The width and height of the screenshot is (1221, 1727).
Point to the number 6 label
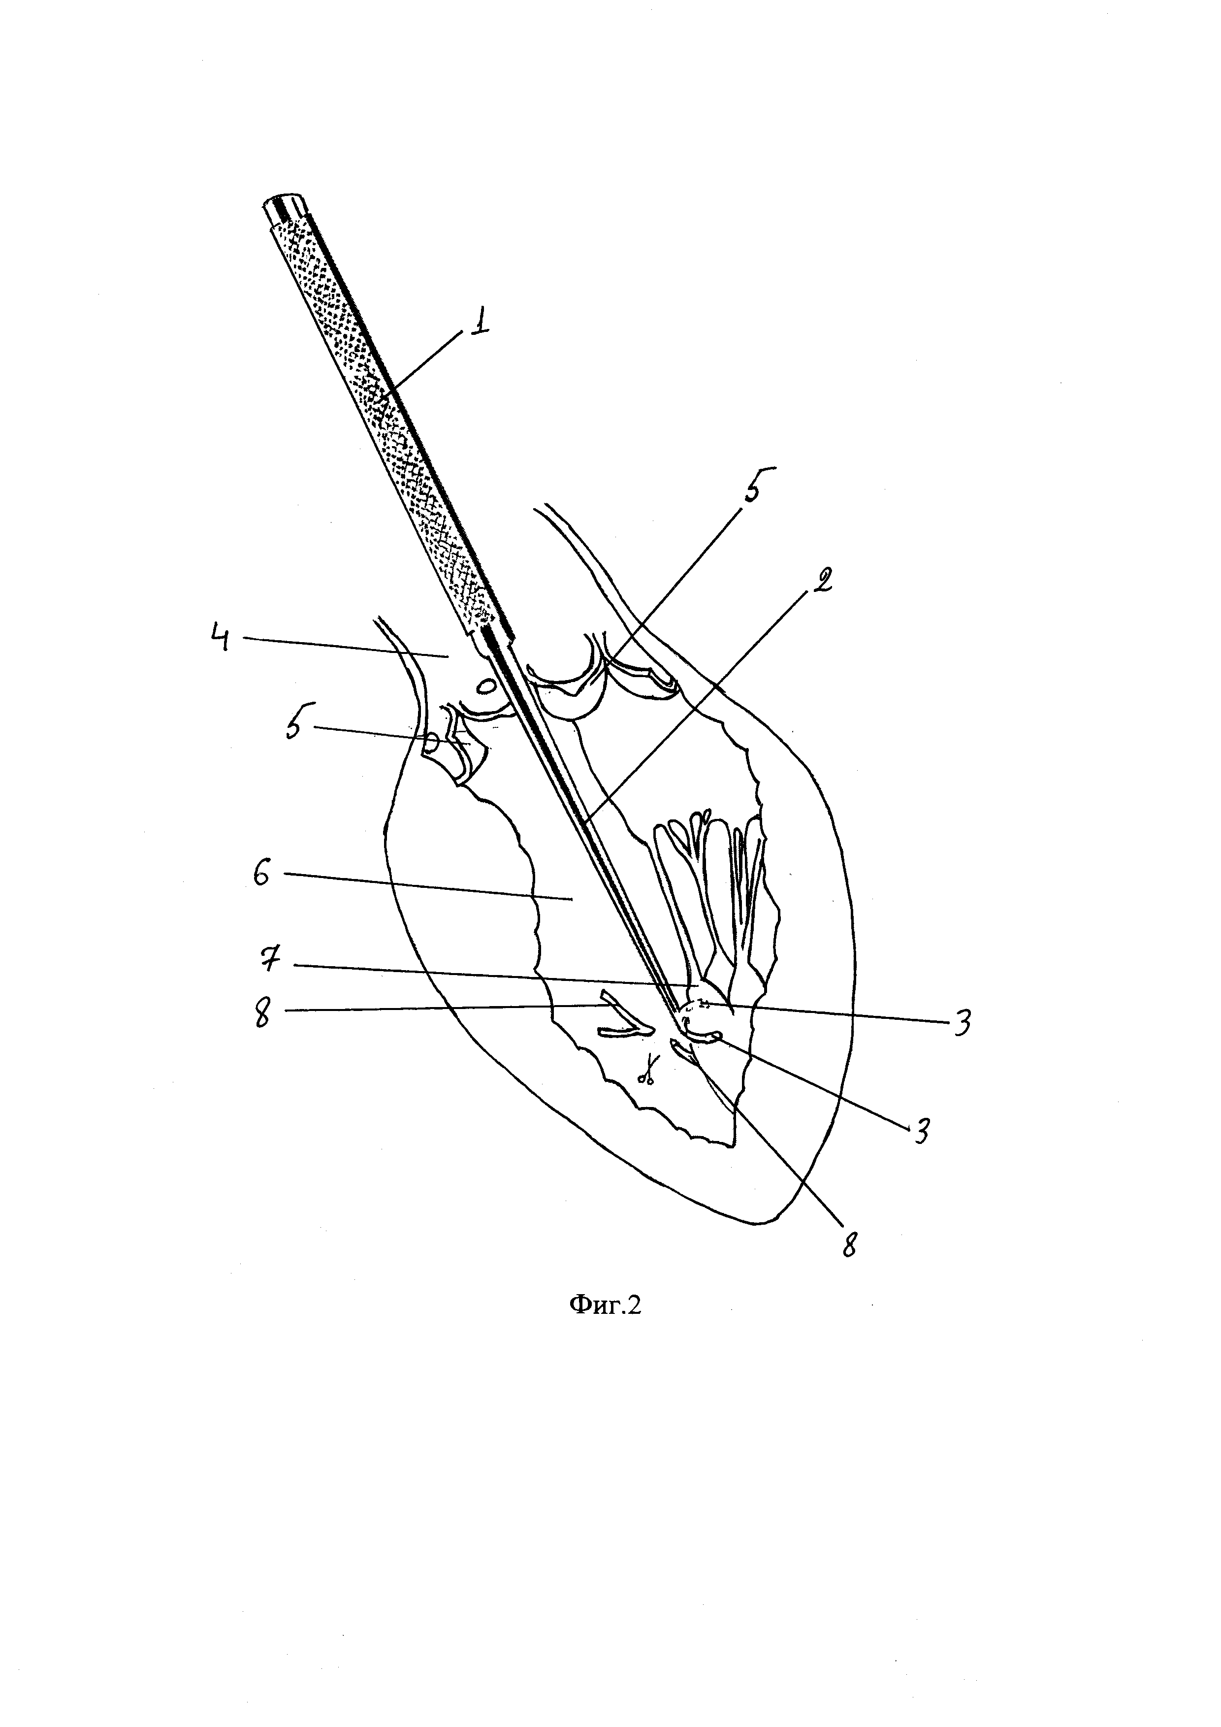click(x=262, y=875)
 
